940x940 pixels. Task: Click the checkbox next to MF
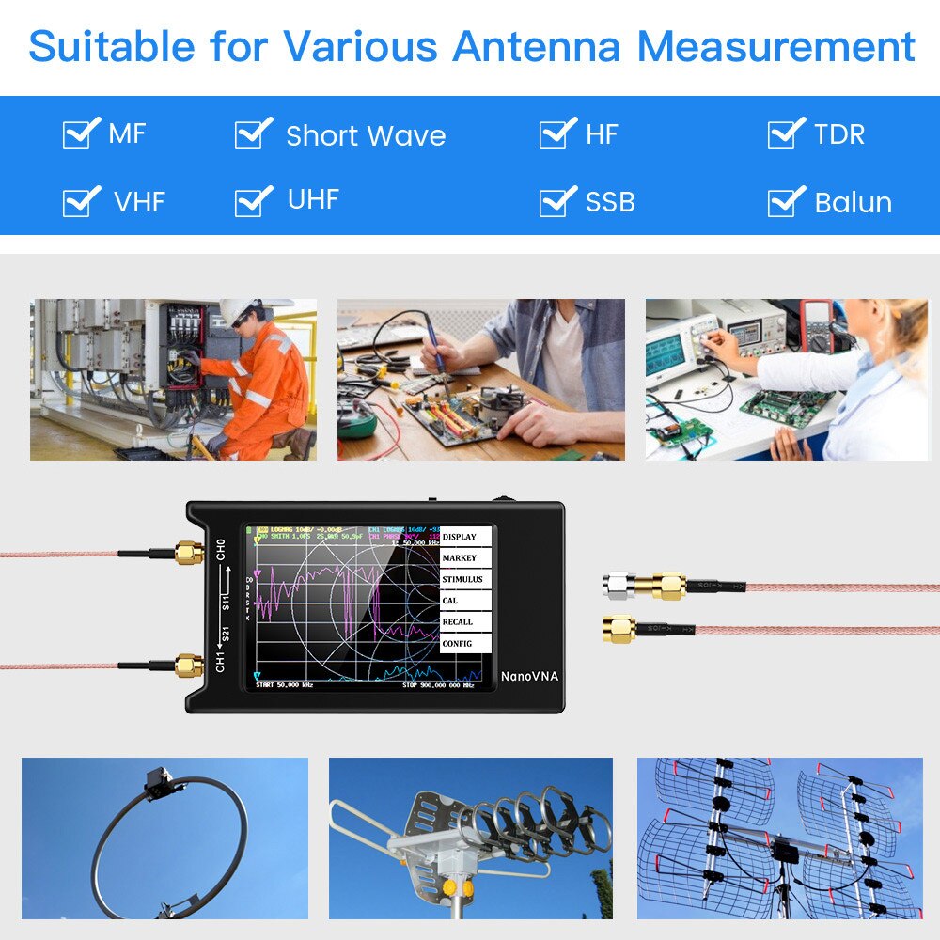[79, 133]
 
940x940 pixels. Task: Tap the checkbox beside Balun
[784, 202]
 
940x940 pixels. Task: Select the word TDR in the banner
[838, 134]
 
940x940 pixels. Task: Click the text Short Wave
[366, 135]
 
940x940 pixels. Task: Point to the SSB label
[610, 202]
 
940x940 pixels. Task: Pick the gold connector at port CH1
[190, 666]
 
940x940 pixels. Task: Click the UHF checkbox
[251, 200]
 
